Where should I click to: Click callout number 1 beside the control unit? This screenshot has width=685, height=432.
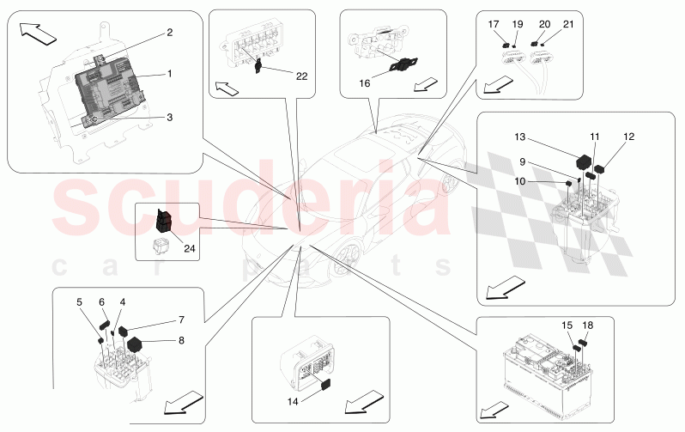coord(170,74)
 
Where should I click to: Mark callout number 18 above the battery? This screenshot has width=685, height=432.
coord(587,326)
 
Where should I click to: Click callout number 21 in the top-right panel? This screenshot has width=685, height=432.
coord(567,26)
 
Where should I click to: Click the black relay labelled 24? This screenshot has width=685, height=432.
coord(163,222)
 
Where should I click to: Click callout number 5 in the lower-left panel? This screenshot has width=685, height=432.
coord(79,302)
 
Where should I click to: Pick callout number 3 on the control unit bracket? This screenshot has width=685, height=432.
coord(170,117)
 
